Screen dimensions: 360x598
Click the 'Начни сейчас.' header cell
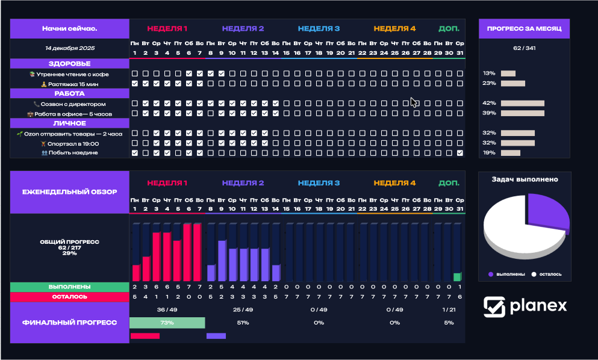click(69, 28)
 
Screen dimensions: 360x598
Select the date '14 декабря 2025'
click(69, 48)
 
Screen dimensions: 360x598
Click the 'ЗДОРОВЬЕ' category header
click(69, 63)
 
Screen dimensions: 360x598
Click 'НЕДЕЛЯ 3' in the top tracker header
click(319, 28)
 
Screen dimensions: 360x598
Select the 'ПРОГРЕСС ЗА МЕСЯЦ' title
click(524, 28)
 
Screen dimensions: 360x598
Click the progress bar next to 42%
click(522, 103)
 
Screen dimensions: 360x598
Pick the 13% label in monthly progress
click(488, 73)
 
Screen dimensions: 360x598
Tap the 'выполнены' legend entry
click(506, 274)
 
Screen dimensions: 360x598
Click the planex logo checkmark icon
click(494, 306)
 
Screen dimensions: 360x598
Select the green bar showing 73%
click(167, 323)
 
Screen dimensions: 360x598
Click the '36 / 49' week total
click(167, 309)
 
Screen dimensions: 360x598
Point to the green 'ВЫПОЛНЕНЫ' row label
click(69, 287)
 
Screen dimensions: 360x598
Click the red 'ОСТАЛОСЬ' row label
click(69, 296)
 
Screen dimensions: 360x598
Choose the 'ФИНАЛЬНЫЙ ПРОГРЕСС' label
click(69, 322)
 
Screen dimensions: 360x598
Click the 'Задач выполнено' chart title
click(524, 179)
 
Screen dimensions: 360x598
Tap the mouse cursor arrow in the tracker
click(414, 102)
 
